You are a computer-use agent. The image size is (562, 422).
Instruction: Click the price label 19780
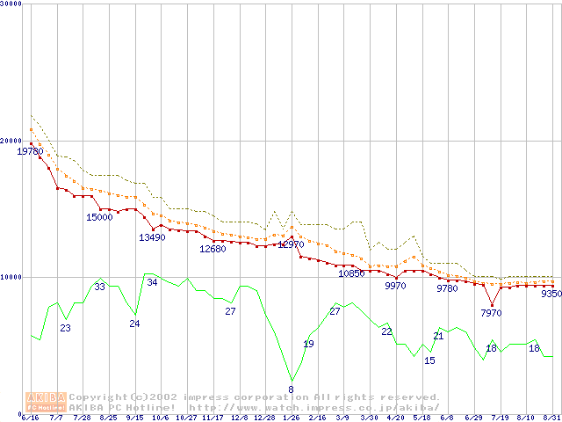click(30, 151)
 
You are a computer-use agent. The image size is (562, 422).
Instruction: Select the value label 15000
click(99, 217)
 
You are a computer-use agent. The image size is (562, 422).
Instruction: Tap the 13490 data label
click(152, 237)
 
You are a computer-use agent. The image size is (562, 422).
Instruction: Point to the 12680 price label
click(213, 249)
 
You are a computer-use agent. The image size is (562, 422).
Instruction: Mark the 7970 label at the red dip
click(491, 313)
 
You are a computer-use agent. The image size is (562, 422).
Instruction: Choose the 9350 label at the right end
click(551, 294)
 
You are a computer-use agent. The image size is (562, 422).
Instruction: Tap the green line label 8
click(291, 389)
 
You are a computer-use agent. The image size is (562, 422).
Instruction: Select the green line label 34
click(152, 282)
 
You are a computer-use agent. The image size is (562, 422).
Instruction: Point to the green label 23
click(65, 328)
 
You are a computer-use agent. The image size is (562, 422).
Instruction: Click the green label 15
click(429, 360)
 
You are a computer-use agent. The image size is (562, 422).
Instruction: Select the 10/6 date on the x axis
click(161, 418)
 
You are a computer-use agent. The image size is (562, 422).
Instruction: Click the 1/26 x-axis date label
click(291, 418)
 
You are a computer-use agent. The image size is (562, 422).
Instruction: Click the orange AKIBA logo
click(46, 402)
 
